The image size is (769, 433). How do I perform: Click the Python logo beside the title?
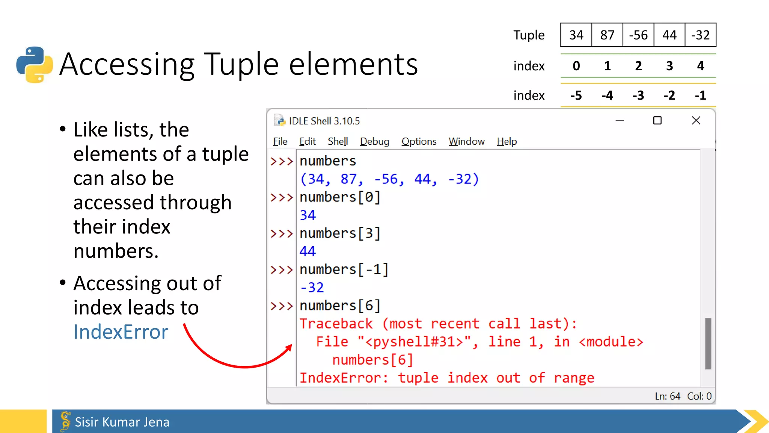35,65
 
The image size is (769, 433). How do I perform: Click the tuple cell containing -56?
638,35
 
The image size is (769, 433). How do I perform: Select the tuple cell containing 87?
607,35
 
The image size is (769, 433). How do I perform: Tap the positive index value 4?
700,66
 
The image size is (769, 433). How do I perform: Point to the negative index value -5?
576,95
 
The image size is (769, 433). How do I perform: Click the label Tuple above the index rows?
529,35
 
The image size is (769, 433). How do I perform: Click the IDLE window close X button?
696,121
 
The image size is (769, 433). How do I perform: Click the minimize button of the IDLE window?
620,121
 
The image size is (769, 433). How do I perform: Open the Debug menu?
374,141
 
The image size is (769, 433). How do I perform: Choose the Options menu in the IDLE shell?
419,141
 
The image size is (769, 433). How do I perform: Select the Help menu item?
507,141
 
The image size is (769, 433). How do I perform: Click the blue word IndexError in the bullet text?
121,332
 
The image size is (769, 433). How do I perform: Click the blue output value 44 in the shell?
308,251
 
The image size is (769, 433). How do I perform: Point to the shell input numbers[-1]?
344,269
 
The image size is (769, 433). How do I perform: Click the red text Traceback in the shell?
336,324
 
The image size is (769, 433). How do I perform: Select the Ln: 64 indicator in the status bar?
667,396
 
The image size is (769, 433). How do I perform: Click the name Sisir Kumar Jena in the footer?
122,422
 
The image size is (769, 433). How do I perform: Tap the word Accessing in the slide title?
127,65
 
